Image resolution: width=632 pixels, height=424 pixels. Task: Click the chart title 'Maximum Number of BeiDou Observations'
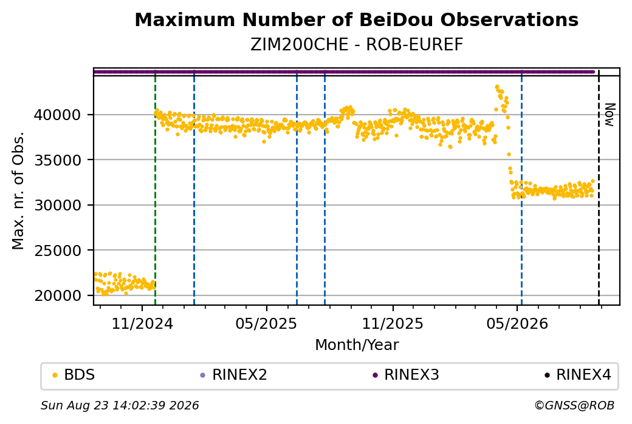[356, 19]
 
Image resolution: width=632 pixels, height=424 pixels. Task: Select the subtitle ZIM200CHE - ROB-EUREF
[356, 45]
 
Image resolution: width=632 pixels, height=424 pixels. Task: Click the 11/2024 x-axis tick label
[142, 323]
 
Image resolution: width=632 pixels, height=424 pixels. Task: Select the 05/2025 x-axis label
[266, 323]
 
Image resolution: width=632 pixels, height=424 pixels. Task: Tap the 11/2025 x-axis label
[393, 323]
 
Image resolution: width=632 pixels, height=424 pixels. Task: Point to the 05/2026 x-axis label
[518, 323]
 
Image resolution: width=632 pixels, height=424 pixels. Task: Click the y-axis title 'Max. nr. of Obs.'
[18, 190]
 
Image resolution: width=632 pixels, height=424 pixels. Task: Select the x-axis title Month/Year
[357, 345]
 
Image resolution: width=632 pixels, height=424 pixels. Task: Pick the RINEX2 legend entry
[234, 375]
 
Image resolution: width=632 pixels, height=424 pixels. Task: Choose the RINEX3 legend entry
[406, 375]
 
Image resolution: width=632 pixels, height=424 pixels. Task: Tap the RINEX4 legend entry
[578, 375]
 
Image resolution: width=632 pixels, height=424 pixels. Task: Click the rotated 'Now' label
[610, 115]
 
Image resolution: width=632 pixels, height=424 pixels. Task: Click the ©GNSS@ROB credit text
[574, 405]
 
